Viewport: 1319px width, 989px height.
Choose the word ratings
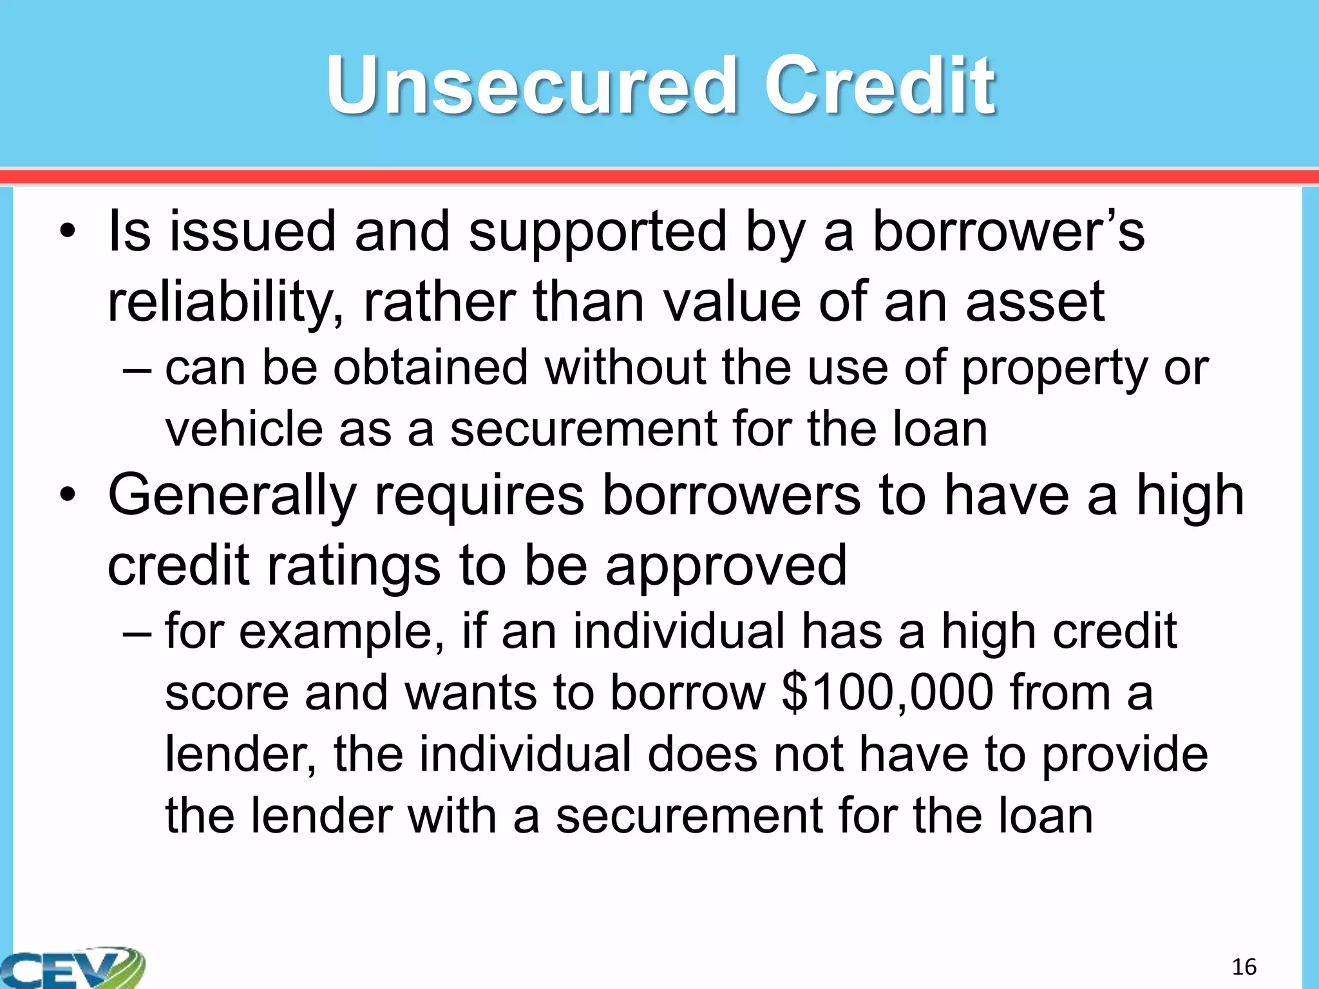(353, 565)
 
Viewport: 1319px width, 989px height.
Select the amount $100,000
(887, 693)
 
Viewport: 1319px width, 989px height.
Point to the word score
(227, 693)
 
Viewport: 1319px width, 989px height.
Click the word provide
(1124, 755)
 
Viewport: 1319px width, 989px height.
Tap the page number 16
(1244, 966)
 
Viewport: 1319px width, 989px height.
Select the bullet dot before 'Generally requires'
(68, 496)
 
